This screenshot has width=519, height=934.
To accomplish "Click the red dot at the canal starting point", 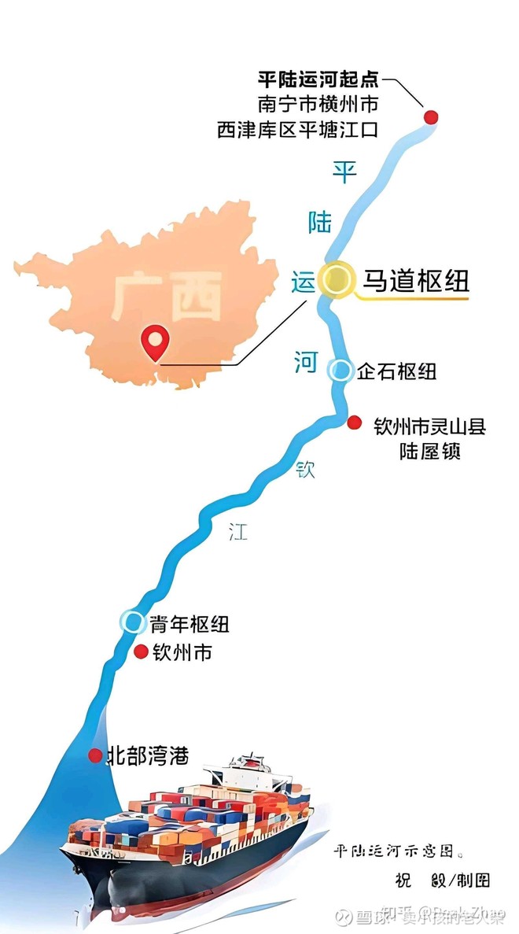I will click(x=430, y=117).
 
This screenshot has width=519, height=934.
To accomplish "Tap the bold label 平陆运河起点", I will click(x=318, y=79).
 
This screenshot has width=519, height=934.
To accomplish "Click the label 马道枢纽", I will click(x=414, y=281).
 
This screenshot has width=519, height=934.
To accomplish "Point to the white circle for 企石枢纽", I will click(x=340, y=371).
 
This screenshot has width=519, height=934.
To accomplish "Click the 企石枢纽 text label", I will click(x=396, y=371).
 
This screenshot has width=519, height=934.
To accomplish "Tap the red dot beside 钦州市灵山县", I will click(x=355, y=423).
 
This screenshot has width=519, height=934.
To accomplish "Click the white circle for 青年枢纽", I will click(x=132, y=622).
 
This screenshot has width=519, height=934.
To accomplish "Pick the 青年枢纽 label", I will click(x=189, y=624).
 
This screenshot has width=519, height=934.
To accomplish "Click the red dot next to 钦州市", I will click(x=141, y=652).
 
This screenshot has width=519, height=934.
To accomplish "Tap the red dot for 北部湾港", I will click(x=95, y=755).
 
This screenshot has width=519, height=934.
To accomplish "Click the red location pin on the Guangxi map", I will click(x=156, y=343).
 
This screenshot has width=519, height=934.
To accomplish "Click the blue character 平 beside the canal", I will click(x=344, y=171).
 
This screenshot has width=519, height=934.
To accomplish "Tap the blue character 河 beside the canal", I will click(x=306, y=363).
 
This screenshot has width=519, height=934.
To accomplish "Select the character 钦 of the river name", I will click(x=305, y=470).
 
